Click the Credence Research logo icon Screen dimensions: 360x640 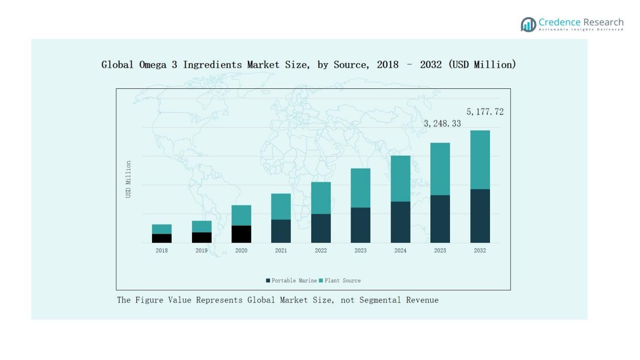click(x=528, y=24)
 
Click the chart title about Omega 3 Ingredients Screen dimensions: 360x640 click(x=309, y=65)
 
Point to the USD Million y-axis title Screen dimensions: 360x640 click(x=128, y=179)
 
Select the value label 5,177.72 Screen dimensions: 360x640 click(x=484, y=112)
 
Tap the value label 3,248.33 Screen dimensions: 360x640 click(x=442, y=124)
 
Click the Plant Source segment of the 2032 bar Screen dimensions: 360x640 click(x=480, y=160)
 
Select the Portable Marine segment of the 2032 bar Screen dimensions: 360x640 click(x=480, y=216)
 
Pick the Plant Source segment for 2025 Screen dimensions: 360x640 click(x=440, y=169)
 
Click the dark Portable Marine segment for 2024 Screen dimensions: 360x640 click(x=400, y=222)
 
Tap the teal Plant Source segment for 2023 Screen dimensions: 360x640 click(x=360, y=188)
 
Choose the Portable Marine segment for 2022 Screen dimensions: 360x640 click(x=321, y=228)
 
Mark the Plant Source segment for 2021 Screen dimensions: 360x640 click(x=281, y=207)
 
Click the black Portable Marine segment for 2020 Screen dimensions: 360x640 click(x=241, y=234)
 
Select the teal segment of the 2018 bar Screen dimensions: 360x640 click(x=162, y=229)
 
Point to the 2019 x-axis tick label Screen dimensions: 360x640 click(x=202, y=250)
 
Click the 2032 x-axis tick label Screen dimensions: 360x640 click(x=480, y=250)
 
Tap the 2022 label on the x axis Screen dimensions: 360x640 click(x=321, y=250)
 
